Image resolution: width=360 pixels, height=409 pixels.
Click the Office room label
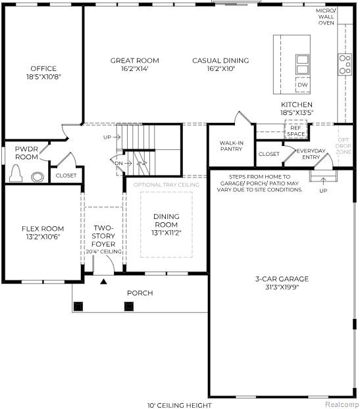click(x=43, y=68)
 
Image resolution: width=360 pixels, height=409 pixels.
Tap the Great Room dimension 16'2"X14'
click(x=134, y=68)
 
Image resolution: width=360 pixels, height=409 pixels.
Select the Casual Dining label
click(x=220, y=60)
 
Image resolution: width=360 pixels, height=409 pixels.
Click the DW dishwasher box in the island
click(x=302, y=85)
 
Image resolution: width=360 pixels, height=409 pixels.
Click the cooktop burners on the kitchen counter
click(x=345, y=64)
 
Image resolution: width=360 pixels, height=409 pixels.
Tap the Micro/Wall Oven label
click(x=326, y=17)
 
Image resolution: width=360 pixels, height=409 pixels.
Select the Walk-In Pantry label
click(x=231, y=145)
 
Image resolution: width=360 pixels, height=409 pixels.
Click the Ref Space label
click(x=296, y=131)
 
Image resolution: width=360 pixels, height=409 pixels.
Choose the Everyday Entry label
click(x=311, y=154)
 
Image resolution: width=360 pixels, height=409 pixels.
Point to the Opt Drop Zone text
click(x=344, y=145)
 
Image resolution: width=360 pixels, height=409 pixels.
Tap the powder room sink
click(x=38, y=176)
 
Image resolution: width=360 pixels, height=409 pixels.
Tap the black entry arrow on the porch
click(x=103, y=281)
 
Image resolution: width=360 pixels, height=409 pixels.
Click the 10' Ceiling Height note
click(x=180, y=405)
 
